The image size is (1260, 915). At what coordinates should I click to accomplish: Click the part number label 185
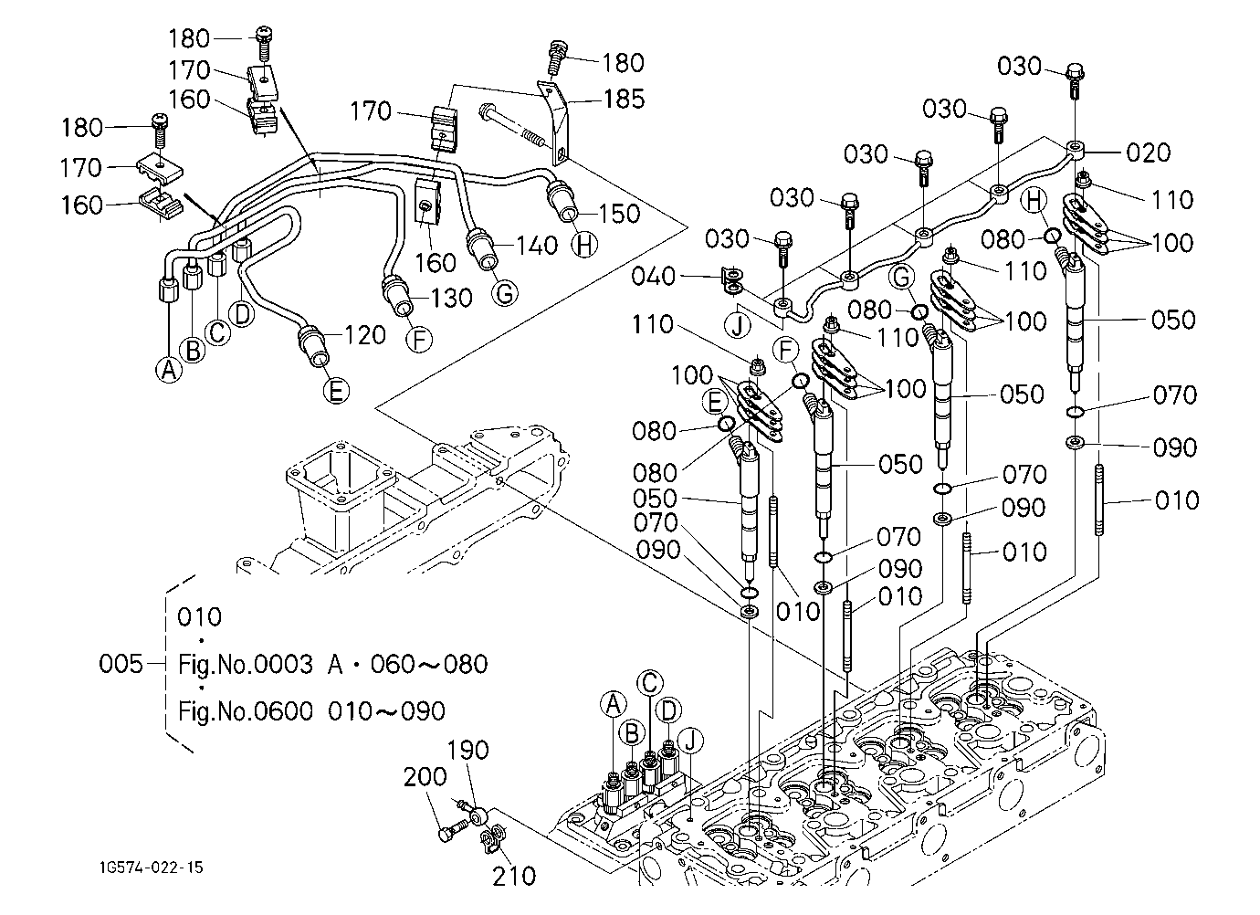624,99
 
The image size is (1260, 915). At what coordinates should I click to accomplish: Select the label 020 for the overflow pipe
1148,152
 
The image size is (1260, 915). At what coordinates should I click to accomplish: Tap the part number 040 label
653,277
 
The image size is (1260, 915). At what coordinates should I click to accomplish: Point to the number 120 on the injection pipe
365,335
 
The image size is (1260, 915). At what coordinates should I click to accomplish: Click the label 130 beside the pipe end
451,298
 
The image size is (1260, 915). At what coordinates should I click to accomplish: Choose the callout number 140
537,246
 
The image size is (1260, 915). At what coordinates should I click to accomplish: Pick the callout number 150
619,214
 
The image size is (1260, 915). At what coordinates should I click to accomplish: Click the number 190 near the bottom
468,750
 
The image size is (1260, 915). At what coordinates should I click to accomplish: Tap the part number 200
425,777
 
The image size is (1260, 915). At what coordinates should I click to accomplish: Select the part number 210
514,876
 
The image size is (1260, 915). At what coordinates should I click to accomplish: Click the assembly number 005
121,664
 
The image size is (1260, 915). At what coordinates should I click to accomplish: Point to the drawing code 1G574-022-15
152,868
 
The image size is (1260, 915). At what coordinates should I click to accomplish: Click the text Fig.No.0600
246,711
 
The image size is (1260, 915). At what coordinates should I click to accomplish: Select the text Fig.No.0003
246,665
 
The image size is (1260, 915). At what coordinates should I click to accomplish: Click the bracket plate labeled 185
556,124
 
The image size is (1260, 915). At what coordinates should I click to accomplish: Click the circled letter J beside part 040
738,325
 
